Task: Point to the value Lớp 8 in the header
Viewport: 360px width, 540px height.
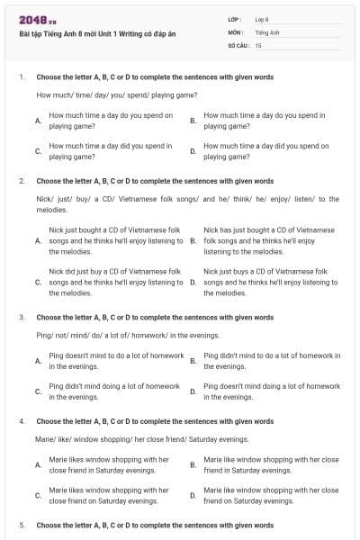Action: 264,18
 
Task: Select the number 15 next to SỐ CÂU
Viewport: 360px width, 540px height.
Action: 258,44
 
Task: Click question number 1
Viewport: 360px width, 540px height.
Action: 22,77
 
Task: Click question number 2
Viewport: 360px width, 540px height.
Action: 22,181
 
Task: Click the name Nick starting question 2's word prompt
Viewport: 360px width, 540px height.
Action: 43,198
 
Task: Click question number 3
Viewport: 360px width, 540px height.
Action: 22,318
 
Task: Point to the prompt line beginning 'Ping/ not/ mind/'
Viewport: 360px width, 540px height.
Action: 114,335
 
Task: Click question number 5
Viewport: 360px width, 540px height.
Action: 22,525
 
